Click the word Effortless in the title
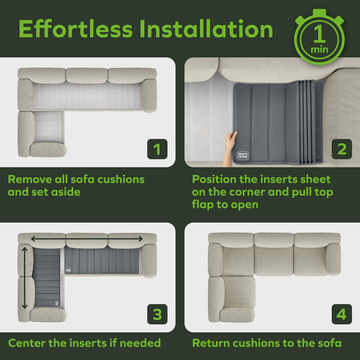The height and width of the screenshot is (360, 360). tap(76, 29)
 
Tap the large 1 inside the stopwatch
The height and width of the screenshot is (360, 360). tap(319, 34)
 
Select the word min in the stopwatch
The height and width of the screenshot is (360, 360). tap(319, 50)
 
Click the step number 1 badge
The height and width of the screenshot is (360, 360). tap(157, 149)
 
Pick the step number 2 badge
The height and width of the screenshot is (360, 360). tap(342, 149)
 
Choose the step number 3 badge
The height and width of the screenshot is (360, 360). tap(157, 314)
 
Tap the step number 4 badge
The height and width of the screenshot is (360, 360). tap(342, 314)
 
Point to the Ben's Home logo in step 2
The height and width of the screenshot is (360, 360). tap(243, 155)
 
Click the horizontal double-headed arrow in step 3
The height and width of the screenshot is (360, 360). tap(87, 239)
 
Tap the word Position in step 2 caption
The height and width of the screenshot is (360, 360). tap(214, 179)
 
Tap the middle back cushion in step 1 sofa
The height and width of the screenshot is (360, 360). tap(87, 75)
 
